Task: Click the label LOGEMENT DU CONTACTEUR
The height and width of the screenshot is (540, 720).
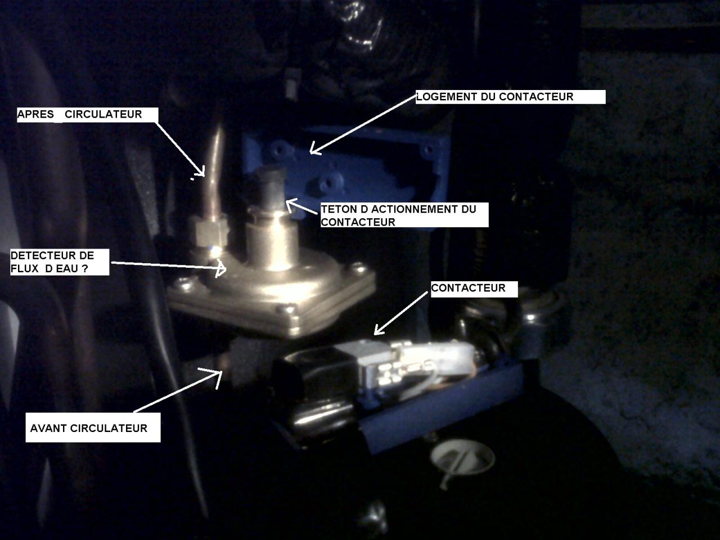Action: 494,97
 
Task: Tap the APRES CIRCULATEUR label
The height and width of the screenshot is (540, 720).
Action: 79,114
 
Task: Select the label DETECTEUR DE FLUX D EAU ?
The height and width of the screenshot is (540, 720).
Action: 52,262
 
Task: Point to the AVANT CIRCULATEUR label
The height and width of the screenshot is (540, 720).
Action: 88,428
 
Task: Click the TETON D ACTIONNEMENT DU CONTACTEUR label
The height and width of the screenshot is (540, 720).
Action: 399,215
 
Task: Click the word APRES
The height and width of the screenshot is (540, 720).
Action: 35,114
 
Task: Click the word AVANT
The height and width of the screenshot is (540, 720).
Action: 48,428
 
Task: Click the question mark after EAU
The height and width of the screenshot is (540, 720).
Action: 85,268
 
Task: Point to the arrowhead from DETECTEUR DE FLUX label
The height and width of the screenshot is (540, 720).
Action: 220,269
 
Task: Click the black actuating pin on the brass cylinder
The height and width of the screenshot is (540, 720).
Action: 271,186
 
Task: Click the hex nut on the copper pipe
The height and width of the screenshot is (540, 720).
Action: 209,232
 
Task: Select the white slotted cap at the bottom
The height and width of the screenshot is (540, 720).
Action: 462,458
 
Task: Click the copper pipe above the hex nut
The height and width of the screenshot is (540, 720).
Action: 214,170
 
